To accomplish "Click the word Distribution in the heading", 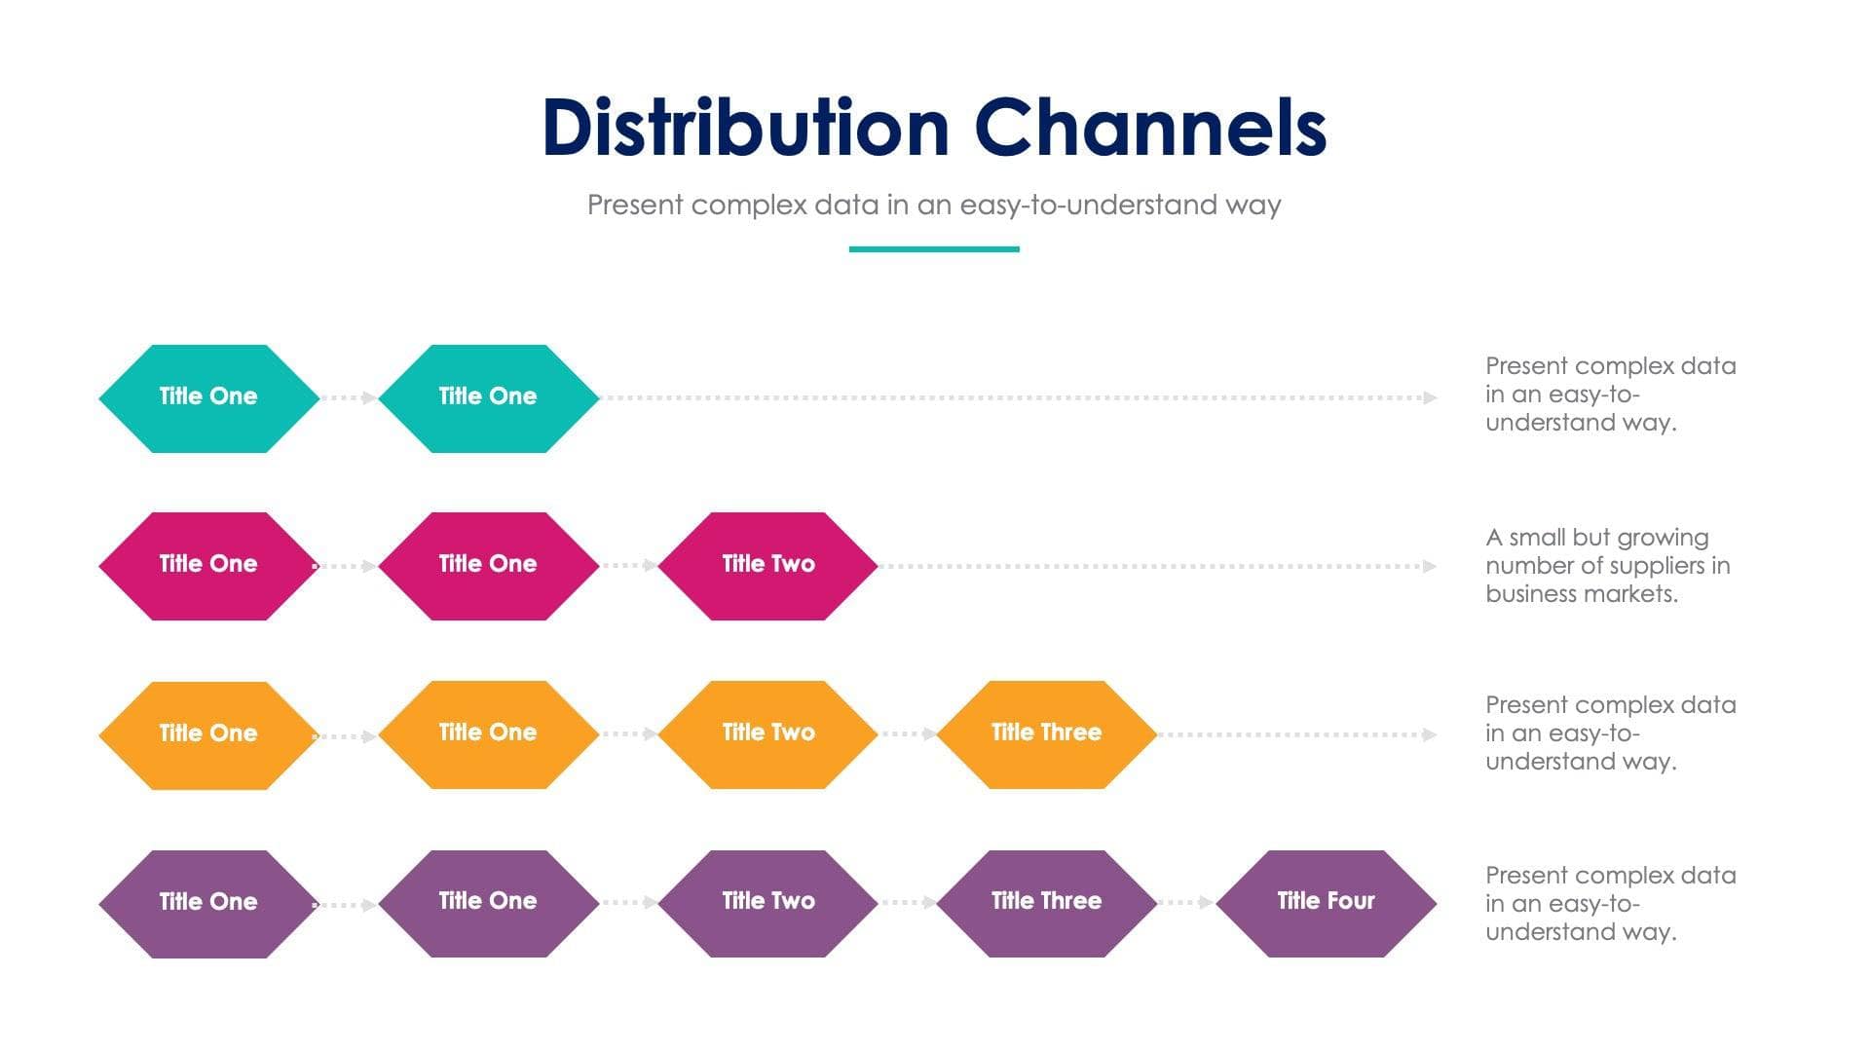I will coord(745,128).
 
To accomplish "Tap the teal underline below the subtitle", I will coord(933,249).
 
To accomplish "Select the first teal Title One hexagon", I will coord(208,397).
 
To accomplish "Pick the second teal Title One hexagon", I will coord(488,397).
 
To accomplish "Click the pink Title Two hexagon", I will coord(767,565).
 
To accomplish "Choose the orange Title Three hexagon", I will coord(1046,733).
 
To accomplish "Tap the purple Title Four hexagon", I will coord(1326,902).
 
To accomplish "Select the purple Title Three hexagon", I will coord(1046,902).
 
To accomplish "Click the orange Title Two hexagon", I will coord(767,733).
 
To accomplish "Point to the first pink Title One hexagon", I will coord(208,565).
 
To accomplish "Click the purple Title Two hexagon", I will coord(767,902).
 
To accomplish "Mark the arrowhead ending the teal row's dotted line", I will coord(1430,397).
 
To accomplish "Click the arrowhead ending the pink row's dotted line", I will coord(1430,566).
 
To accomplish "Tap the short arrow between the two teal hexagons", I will coord(349,397).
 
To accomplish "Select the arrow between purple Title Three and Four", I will coord(1186,902).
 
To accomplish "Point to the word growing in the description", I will coord(1662,538).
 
